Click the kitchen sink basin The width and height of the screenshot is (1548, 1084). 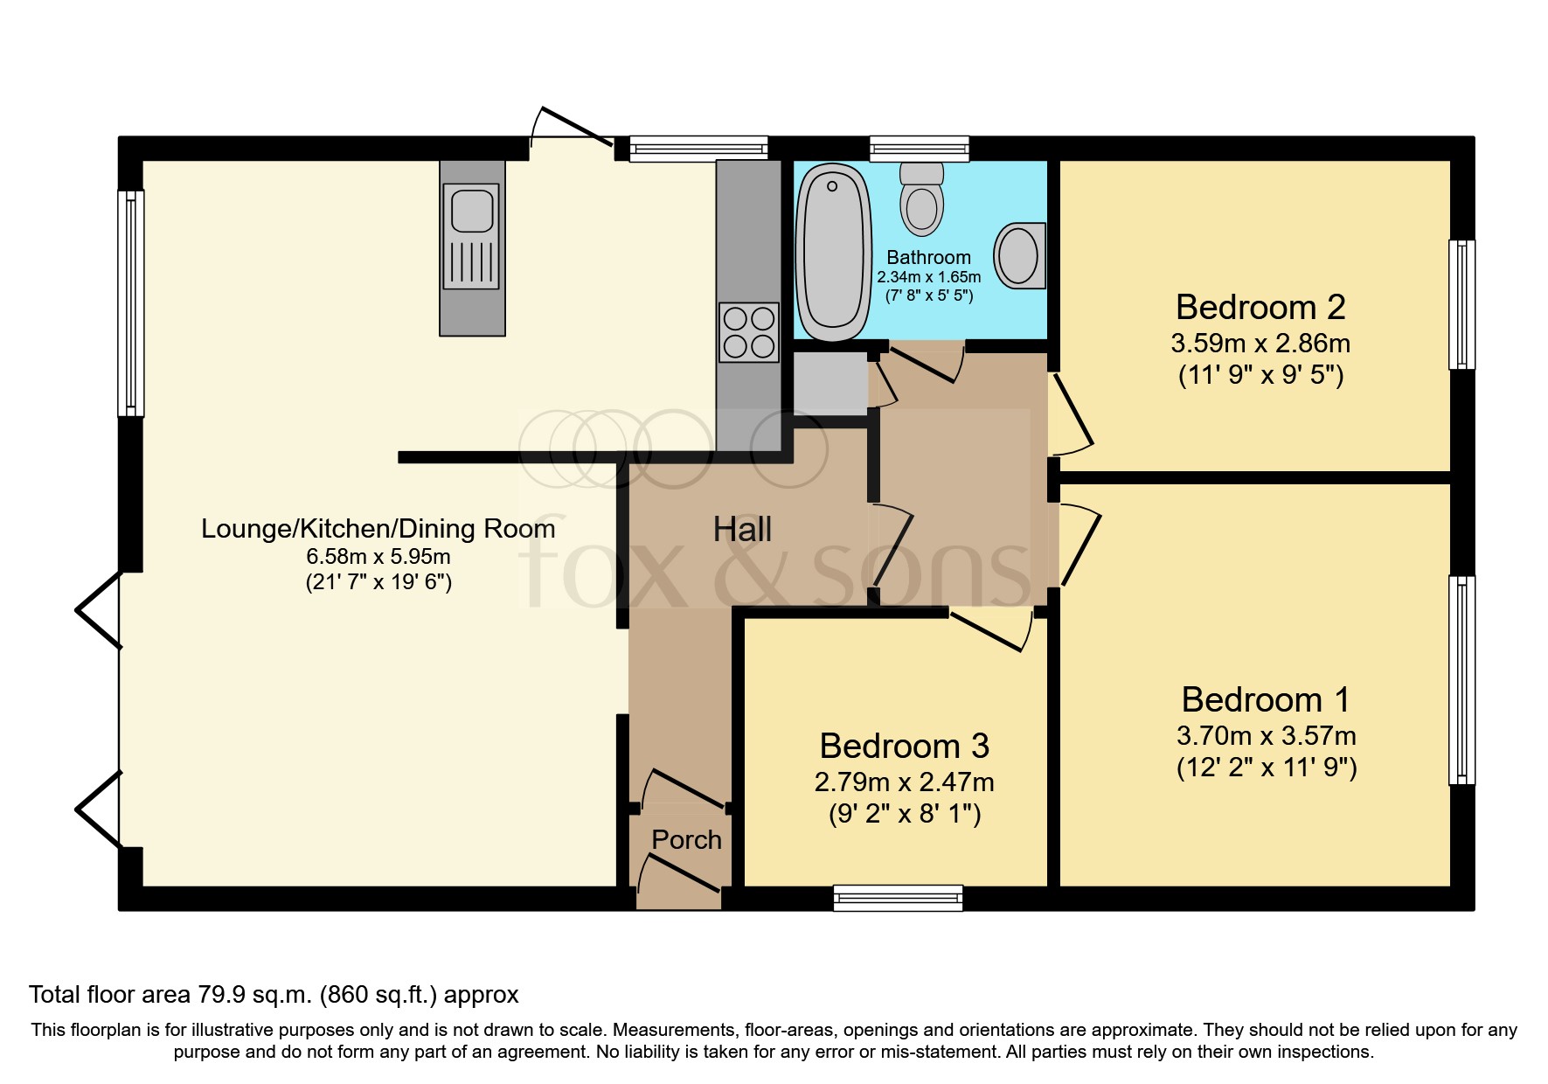471,210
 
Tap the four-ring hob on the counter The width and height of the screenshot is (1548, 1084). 749,331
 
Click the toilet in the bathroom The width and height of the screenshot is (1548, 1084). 921,199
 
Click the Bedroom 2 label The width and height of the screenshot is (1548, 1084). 1260,308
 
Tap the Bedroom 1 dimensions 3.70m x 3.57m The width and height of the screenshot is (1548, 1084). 1266,735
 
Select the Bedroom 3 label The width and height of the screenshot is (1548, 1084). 904,746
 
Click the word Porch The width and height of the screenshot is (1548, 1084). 686,840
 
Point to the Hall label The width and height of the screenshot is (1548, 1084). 742,530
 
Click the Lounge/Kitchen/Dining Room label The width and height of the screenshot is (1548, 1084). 378,529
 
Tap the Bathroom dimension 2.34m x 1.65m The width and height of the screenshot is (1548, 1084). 928,277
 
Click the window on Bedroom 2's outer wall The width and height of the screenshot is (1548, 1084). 1461,304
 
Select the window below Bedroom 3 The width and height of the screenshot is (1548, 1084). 898,898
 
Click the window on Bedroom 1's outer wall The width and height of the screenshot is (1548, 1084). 1461,680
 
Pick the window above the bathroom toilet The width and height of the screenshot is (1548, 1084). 920,149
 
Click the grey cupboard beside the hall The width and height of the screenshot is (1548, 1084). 830,383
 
